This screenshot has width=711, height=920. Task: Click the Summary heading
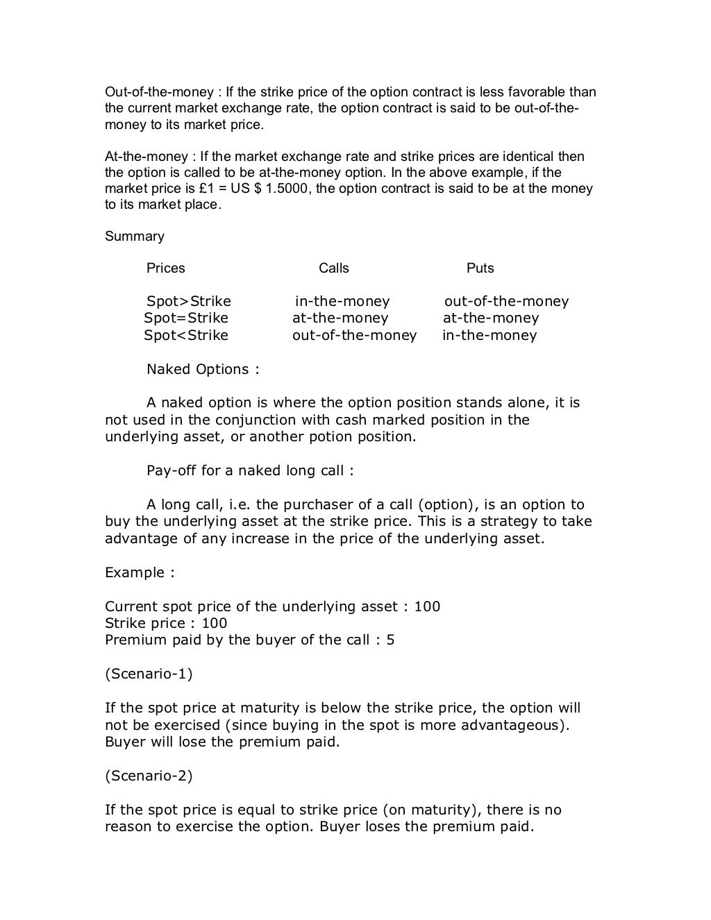point(135,237)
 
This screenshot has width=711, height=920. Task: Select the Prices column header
point(166,269)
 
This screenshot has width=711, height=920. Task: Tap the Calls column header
point(334,269)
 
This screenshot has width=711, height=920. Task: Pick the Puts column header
point(480,269)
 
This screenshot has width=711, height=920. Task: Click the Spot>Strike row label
point(189,302)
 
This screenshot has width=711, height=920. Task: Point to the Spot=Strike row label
point(186,318)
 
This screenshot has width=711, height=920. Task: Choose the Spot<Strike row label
point(186,336)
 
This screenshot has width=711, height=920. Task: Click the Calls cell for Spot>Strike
point(342,302)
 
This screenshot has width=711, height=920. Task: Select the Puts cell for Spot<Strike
point(490,336)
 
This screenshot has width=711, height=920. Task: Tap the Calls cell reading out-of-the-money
point(354,336)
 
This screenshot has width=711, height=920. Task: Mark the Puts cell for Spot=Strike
point(491,318)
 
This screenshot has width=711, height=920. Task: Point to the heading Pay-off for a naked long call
point(250,471)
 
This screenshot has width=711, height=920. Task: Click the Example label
point(140,573)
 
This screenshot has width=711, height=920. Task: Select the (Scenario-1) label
point(149,674)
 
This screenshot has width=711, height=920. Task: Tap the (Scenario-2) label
point(149,776)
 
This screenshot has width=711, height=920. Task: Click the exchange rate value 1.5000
point(286,189)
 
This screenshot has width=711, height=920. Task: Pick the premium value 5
point(391,640)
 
